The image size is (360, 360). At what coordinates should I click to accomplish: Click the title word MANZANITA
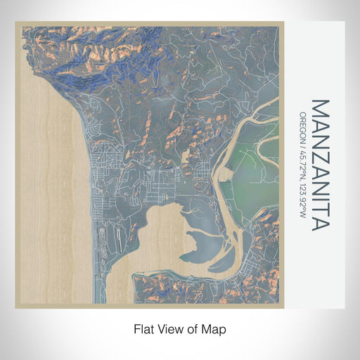[319, 165]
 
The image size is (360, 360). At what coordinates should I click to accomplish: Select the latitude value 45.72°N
[302, 164]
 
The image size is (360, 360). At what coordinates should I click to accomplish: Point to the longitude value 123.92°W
[302, 200]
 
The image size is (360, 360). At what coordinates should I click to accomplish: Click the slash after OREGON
[302, 143]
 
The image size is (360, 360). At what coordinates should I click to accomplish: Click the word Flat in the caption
[143, 328]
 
